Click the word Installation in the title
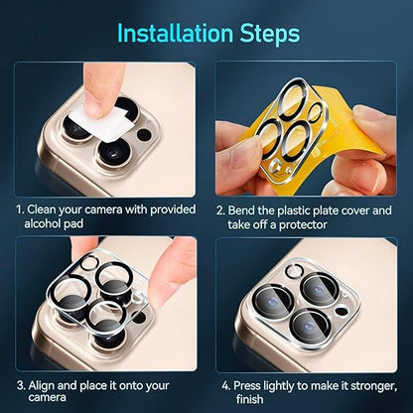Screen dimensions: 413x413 coord(173,33)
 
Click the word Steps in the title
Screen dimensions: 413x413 coord(264,33)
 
